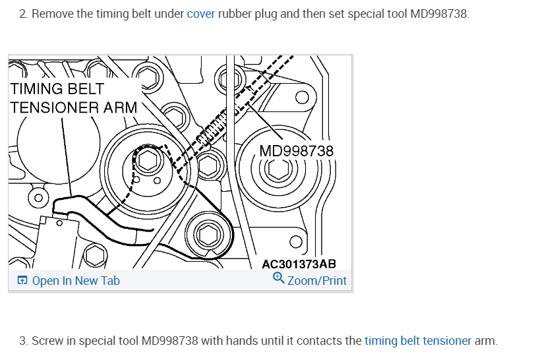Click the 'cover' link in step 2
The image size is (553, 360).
click(201, 14)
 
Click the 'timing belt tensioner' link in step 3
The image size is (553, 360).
click(418, 341)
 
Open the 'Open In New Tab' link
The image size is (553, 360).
click(76, 281)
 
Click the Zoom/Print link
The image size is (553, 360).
click(317, 281)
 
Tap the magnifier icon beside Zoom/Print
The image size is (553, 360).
click(279, 280)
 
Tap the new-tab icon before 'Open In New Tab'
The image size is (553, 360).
click(22, 281)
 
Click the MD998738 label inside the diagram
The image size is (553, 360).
click(297, 152)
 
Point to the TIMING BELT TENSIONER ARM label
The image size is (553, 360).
click(73, 98)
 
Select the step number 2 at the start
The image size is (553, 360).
click(22, 14)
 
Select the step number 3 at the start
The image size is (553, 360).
click(22, 341)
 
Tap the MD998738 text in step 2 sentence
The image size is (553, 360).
click(439, 14)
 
